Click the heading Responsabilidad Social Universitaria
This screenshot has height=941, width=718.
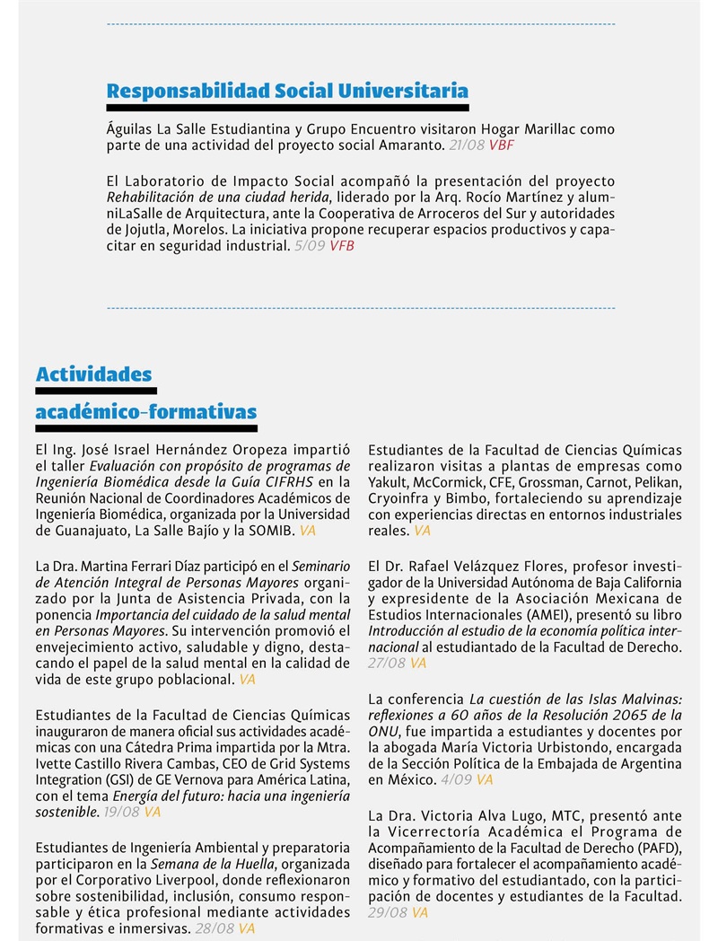click(287, 91)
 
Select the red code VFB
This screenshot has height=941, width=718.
click(342, 245)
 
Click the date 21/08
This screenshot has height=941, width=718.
click(467, 145)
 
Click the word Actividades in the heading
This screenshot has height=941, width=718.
click(94, 374)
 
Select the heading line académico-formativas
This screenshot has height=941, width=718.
click(146, 412)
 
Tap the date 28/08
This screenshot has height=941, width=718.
click(215, 928)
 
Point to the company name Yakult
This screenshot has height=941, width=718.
click(390, 482)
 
